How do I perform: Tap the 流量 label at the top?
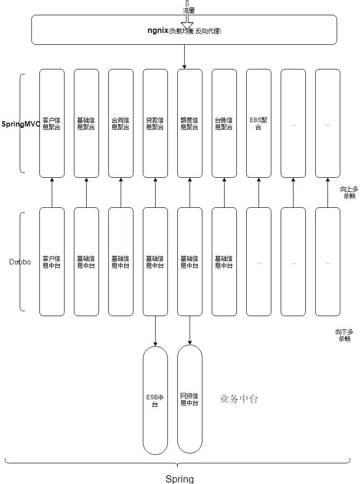pyautogui.click(x=188, y=10)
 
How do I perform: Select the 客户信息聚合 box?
pyautogui.click(x=52, y=123)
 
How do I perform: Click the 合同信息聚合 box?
pyautogui.click(x=121, y=123)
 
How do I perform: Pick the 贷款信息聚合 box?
pyautogui.click(x=155, y=123)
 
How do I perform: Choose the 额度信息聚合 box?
pyautogui.click(x=190, y=123)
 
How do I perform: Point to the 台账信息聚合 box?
pyautogui.click(x=224, y=123)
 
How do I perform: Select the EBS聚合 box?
pyautogui.click(x=259, y=123)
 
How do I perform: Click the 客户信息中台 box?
pyautogui.click(x=52, y=261)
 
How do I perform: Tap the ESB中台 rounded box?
pyautogui.click(x=155, y=400)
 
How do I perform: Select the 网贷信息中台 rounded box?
pyautogui.click(x=190, y=399)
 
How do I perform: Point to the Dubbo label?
pyautogui.click(x=20, y=262)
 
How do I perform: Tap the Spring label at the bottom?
pyautogui.click(x=179, y=479)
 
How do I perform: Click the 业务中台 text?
pyautogui.click(x=238, y=399)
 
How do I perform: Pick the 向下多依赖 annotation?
pyautogui.click(x=344, y=335)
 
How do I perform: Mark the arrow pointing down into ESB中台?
pyautogui.click(x=155, y=330)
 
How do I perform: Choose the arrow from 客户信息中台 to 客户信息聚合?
pyautogui.click(x=52, y=193)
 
